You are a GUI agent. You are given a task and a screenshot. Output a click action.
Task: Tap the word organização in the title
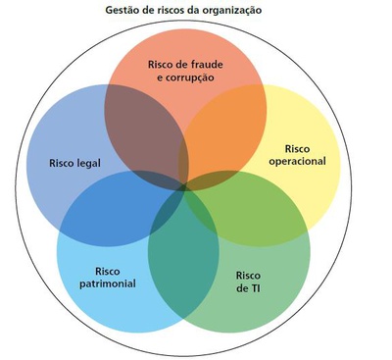[231, 11]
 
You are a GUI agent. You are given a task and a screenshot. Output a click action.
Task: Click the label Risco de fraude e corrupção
[185, 71]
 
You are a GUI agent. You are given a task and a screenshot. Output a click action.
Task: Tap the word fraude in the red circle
[207, 64]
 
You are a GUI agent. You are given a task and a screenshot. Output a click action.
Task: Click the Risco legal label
[74, 163]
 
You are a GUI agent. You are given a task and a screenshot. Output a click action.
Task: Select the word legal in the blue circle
[88, 163]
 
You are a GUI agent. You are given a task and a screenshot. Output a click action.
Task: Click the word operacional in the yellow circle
[297, 161]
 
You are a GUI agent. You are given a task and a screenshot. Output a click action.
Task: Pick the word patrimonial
[108, 283]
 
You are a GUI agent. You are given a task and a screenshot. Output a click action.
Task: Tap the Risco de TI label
[248, 282]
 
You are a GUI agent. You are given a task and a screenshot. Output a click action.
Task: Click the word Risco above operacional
[297, 149]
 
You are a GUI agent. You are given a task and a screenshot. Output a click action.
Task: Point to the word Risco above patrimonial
[108, 271]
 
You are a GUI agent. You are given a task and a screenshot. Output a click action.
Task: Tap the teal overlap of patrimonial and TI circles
[183, 262]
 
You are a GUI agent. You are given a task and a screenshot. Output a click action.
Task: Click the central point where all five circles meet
[183, 188]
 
